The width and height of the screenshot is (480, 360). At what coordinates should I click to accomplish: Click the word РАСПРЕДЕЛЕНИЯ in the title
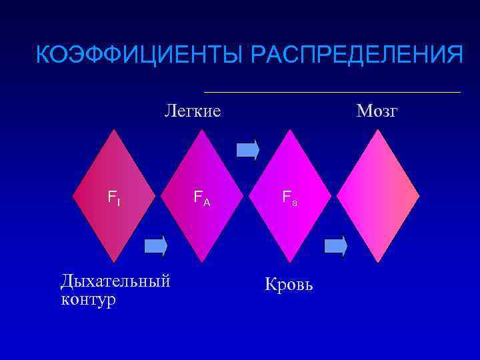tap(350, 55)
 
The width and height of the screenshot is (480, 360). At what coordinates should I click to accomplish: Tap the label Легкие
tap(193, 111)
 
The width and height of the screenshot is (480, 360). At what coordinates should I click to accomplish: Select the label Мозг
tap(377, 111)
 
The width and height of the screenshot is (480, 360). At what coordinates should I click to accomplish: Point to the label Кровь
tap(289, 285)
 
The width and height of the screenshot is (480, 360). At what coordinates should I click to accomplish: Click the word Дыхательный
tap(115, 279)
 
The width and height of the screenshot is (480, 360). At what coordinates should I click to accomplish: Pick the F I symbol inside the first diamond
tap(114, 197)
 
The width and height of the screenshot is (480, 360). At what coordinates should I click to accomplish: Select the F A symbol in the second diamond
tap(201, 197)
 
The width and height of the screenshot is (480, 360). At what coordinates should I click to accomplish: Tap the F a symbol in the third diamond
tap(289, 197)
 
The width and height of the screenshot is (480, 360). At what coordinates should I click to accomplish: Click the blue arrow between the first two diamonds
tap(156, 246)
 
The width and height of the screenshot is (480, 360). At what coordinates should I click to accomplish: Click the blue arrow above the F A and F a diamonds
tap(248, 149)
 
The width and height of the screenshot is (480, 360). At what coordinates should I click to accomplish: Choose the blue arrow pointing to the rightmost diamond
tap(336, 246)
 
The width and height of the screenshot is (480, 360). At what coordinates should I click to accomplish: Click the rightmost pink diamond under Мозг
tap(378, 195)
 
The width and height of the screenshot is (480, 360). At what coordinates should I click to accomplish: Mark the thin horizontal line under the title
tap(331, 91)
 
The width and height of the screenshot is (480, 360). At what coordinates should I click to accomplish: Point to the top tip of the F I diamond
tap(116, 130)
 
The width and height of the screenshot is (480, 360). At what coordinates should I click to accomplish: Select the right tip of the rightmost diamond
tap(419, 195)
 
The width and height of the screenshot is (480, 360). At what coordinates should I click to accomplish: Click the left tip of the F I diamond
tap(75, 195)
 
